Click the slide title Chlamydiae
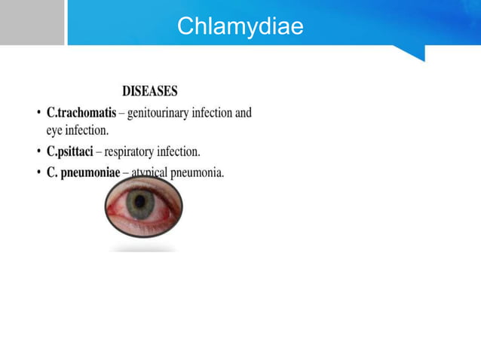click(x=240, y=27)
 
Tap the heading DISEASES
click(x=150, y=91)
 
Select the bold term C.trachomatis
click(x=81, y=113)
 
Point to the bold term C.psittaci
click(x=69, y=151)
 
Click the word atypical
click(x=149, y=172)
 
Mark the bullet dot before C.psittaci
click(x=38, y=152)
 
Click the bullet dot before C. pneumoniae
click(x=38, y=173)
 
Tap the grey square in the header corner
click(x=32, y=23)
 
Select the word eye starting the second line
click(x=55, y=130)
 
